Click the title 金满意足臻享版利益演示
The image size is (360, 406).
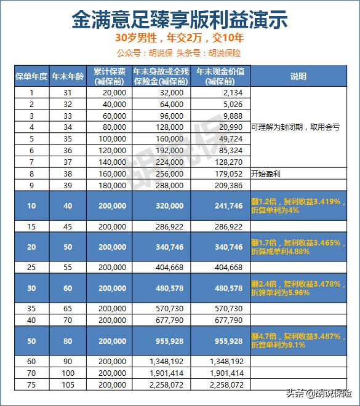coord(180,19)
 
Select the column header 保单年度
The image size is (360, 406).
coord(31,76)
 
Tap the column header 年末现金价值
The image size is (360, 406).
coord(220,76)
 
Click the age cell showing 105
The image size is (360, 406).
coord(60,384)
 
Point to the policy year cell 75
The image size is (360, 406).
coord(31,384)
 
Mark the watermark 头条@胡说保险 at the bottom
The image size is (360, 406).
coord(318,393)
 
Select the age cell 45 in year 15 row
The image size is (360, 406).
coord(60,227)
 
